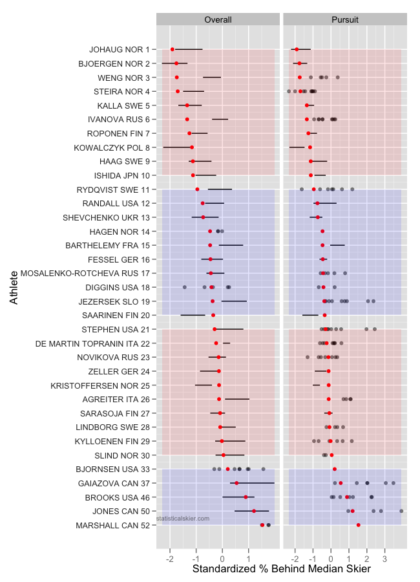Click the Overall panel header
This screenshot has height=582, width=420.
tap(218, 20)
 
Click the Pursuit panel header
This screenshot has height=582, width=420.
tap(345, 20)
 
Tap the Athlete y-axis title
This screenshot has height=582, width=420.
tap(14, 287)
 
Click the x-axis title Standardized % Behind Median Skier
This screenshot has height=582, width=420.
tap(282, 568)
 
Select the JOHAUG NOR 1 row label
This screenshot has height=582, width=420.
tap(120, 49)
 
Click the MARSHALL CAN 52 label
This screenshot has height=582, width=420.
tap(112, 525)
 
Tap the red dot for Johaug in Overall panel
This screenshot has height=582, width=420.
tap(173, 49)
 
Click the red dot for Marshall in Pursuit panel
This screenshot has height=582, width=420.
tap(359, 525)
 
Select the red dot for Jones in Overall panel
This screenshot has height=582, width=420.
tap(254, 511)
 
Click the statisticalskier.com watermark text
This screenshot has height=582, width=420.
tap(183, 518)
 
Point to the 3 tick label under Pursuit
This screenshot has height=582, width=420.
tap(385, 555)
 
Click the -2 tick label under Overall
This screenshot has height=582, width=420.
tap(169, 555)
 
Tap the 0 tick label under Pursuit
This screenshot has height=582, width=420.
tap(331, 555)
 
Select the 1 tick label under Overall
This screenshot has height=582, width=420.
tap(249, 555)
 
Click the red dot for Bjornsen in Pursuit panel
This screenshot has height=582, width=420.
tap(335, 469)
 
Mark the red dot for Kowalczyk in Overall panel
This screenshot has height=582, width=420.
tap(192, 147)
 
